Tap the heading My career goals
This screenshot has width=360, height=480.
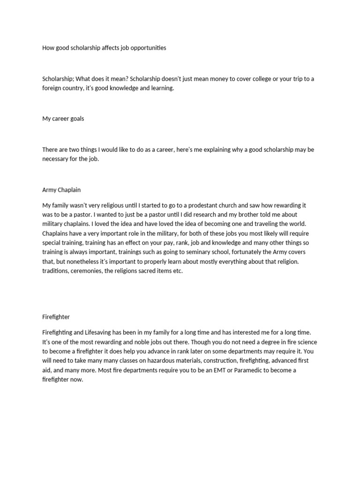[x=63, y=119]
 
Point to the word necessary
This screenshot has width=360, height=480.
[x=56, y=158]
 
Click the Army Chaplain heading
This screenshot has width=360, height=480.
[x=61, y=190]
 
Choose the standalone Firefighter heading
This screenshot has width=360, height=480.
[x=56, y=316]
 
